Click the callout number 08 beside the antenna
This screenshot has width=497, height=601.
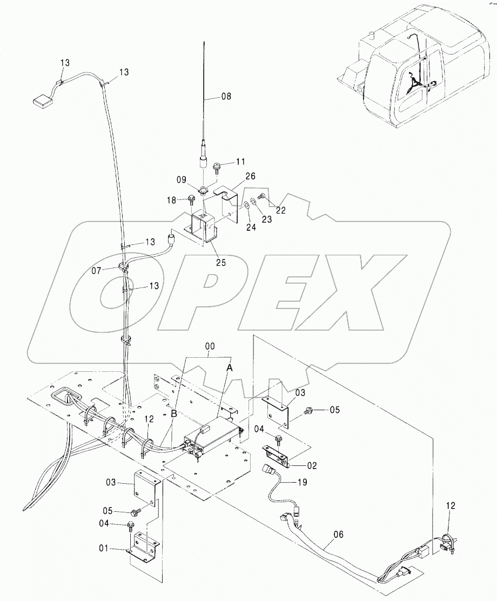[226, 96]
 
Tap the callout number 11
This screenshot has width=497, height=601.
[240, 162]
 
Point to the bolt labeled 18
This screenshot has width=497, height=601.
[192, 200]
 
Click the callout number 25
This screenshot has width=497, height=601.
[221, 263]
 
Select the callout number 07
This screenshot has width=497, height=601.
[96, 271]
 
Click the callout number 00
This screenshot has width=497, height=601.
[209, 346]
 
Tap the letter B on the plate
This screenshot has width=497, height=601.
[173, 415]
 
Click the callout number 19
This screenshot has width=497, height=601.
[303, 482]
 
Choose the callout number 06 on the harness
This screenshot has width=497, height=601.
[338, 535]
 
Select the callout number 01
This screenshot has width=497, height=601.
[104, 549]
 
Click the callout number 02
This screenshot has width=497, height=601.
[312, 466]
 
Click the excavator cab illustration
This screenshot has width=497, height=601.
[414, 67]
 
